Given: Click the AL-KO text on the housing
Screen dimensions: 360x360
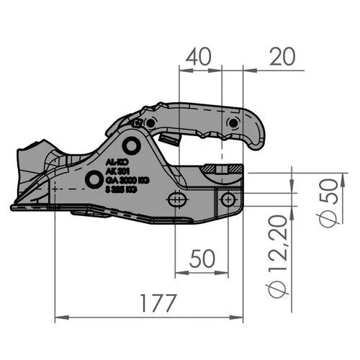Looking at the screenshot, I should [114, 162].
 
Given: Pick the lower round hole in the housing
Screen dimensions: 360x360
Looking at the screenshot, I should [92, 179].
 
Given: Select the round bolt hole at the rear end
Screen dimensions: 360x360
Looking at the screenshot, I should [228, 198].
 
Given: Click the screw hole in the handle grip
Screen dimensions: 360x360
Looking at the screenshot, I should [231, 123].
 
